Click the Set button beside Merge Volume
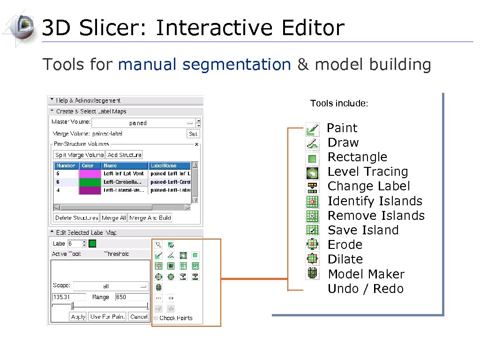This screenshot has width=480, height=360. pyautogui.click(x=193, y=134)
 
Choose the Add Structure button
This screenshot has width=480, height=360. pyautogui.click(x=124, y=155)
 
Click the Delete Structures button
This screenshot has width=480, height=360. pyautogui.click(x=76, y=217)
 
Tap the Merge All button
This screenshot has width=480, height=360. pyautogui.click(x=113, y=217)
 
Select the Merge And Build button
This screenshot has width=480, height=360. pyautogui.click(x=150, y=217)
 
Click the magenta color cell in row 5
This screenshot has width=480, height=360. pyautogui.click(x=90, y=173)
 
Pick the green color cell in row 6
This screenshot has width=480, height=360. pyautogui.click(x=90, y=181)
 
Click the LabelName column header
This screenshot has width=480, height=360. pyautogui.click(x=170, y=165)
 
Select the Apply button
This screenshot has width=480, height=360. pyautogui.click(x=78, y=317)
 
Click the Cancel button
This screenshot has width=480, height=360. pyautogui.click(x=139, y=317)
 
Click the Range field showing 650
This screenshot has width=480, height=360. pyautogui.click(x=132, y=297)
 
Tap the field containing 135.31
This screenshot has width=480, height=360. pyautogui.click(x=69, y=297)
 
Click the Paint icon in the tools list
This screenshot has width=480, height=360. pyautogui.click(x=312, y=128)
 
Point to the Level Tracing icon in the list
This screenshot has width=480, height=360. pyautogui.click(x=312, y=172)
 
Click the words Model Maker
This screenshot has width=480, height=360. pyautogui.click(x=366, y=274)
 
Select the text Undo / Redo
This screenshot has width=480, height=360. pyautogui.click(x=366, y=289)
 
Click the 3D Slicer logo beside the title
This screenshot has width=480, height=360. pyautogui.click(x=21, y=27)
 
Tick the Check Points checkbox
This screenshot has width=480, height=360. pyautogui.click(x=156, y=318)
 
